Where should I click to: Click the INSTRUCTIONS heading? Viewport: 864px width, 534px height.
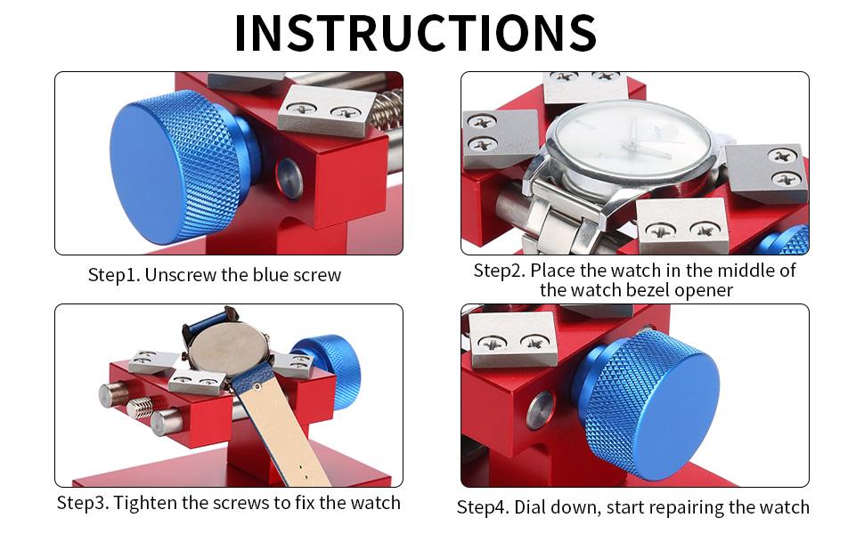pos(415,33)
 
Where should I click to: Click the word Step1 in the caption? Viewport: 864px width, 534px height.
pos(113,275)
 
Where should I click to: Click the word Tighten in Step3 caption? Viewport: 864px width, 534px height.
pos(147,503)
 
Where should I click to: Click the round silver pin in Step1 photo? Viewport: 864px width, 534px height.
pos(289,178)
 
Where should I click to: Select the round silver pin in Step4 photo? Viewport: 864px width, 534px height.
pos(540,410)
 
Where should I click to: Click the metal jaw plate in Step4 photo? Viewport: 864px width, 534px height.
pos(512,338)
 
